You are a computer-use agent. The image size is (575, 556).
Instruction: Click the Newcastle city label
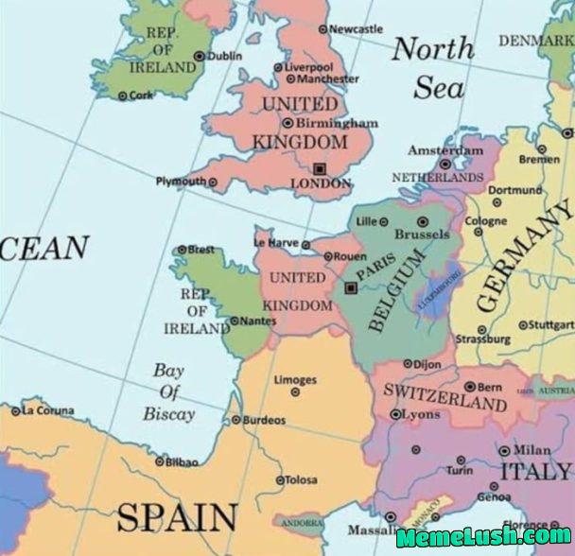357,29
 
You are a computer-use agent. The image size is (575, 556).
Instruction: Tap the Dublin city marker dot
200,57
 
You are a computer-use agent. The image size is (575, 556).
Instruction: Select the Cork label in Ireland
140,96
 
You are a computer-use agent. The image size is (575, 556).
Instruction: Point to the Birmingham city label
337,123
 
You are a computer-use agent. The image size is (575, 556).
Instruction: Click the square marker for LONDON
319,167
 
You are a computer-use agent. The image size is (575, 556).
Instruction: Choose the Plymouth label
180,182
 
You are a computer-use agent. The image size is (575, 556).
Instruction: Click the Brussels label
422,234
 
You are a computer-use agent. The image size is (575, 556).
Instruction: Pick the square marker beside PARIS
350,287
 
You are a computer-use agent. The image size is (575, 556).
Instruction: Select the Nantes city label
258,321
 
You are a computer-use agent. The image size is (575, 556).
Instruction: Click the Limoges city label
295,380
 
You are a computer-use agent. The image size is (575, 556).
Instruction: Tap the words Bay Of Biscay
169,391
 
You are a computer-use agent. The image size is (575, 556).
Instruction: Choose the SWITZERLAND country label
444,396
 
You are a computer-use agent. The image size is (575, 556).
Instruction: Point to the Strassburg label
483,339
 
